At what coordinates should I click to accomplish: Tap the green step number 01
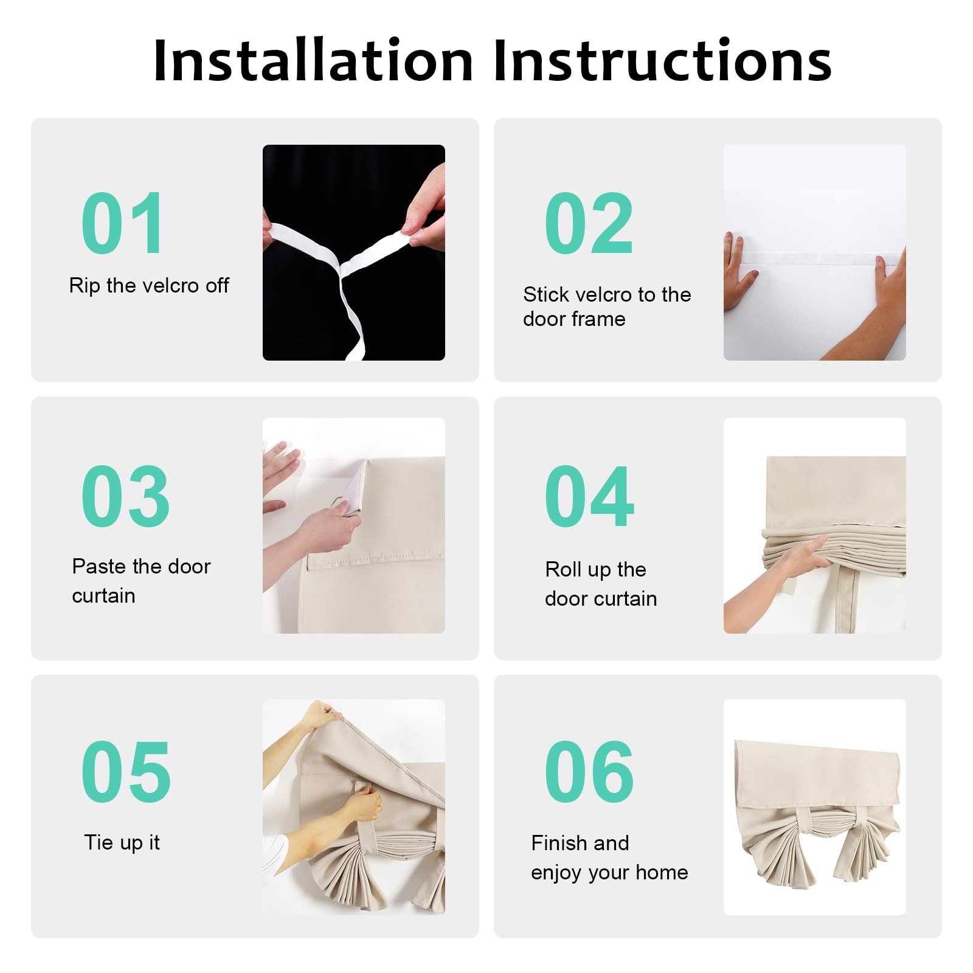pos(122,223)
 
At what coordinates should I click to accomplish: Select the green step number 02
pos(589,223)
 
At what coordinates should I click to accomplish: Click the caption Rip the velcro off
pos(149,285)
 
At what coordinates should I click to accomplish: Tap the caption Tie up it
pos(122,843)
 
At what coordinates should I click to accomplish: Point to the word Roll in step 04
pos(564,569)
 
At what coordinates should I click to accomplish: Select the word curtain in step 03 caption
pos(103,596)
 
